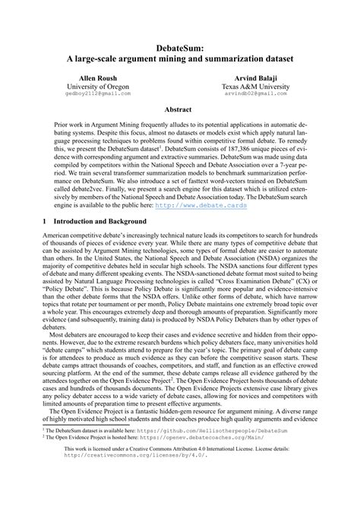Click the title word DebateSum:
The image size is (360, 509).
pos(180,44)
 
